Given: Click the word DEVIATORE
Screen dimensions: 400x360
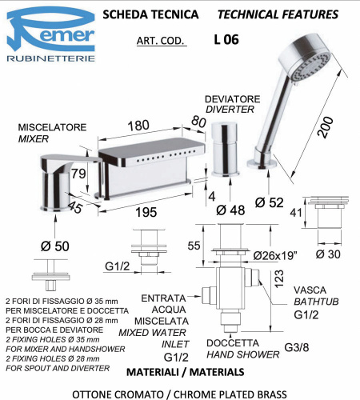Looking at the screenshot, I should [232, 98].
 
